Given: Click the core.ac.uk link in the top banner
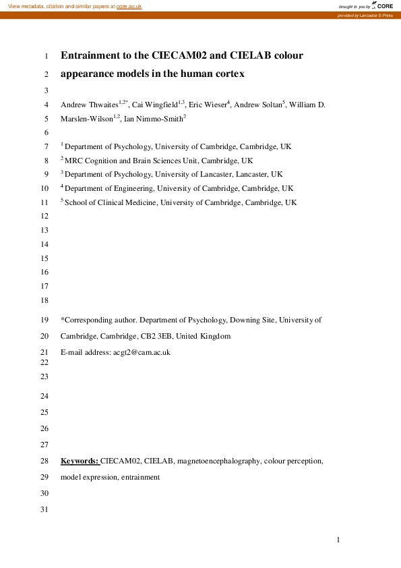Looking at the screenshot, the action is click(130, 5).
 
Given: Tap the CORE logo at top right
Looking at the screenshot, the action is click(382, 5).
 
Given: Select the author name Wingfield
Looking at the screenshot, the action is click(158, 105).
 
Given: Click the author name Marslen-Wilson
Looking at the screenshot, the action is click(86, 118).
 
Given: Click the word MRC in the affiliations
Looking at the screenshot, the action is click(72, 161).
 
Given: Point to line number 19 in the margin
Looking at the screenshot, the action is click(45, 320).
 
